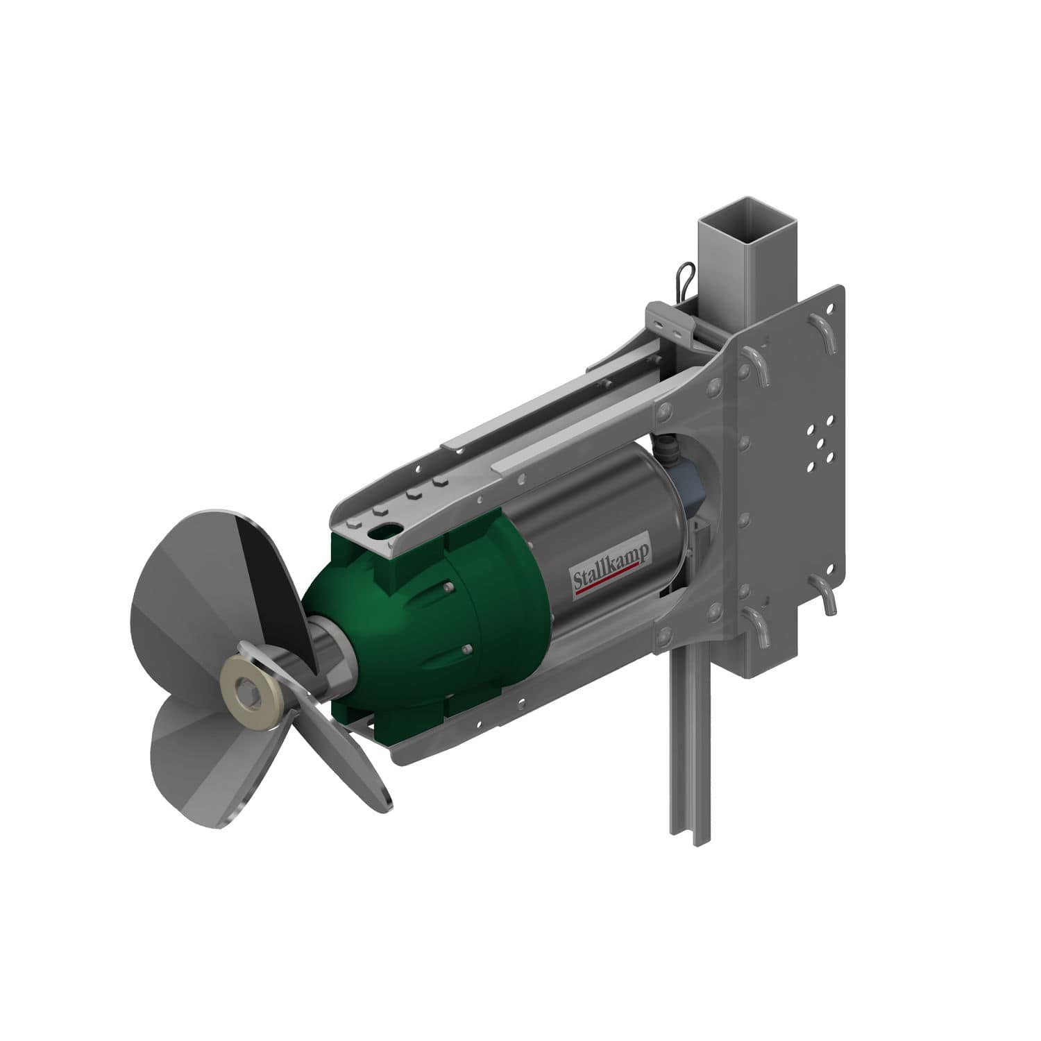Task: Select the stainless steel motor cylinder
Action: [x=590, y=527]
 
